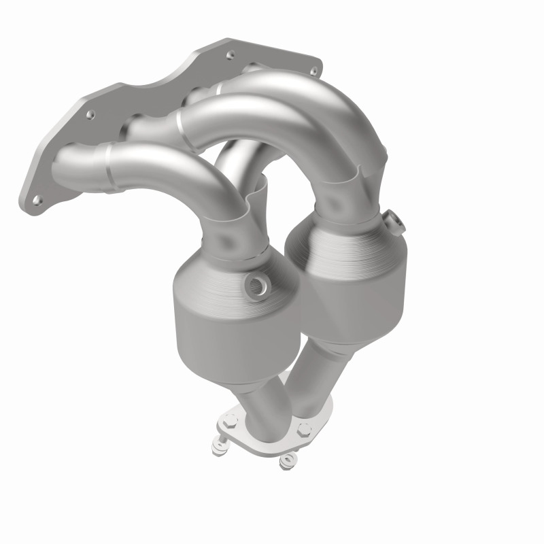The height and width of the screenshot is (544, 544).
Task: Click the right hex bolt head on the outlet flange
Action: click(304, 429)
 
